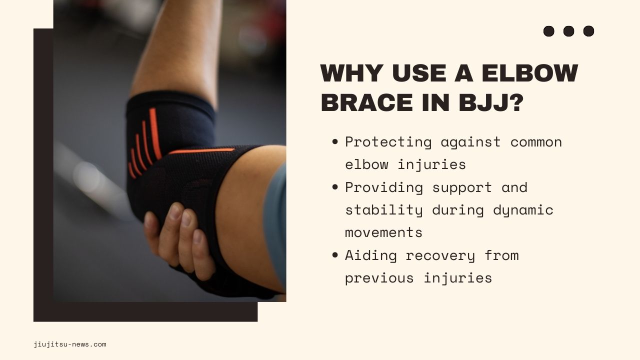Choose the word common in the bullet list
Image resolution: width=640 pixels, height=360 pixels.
click(x=536, y=142)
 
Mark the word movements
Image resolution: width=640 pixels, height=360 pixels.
click(x=383, y=232)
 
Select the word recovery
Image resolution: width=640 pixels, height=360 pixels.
click(x=440, y=255)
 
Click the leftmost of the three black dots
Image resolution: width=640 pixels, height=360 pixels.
click(x=549, y=31)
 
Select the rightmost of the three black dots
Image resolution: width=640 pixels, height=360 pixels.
click(x=589, y=31)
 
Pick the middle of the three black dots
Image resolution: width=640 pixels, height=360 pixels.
click(x=569, y=31)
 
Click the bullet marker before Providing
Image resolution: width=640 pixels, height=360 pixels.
click(x=335, y=187)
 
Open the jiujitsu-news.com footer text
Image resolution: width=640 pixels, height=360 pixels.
click(x=70, y=344)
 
